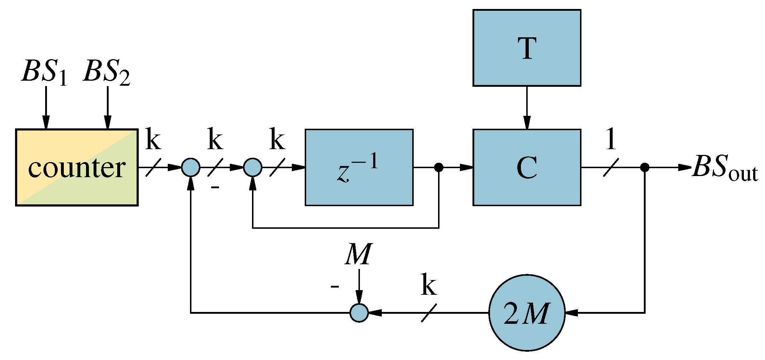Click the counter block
tap(77, 167)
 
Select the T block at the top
tap(527, 48)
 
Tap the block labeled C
tap(527, 167)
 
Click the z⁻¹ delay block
tap(359, 167)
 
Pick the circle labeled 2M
tap(527, 313)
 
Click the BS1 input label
tap(44, 72)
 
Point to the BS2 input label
tap(106, 72)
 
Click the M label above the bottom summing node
tap(358, 254)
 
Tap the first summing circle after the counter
tap(191, 167)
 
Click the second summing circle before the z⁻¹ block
tap(253, 167)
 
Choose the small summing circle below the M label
tap(359, 313)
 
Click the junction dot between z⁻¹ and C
tap(439, 167)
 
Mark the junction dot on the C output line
tap(645, 167)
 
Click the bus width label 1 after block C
tap(611, 139)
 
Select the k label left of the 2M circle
tap(429, 285)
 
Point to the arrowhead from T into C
tap(527, 123)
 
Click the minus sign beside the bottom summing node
tap(334, 286)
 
